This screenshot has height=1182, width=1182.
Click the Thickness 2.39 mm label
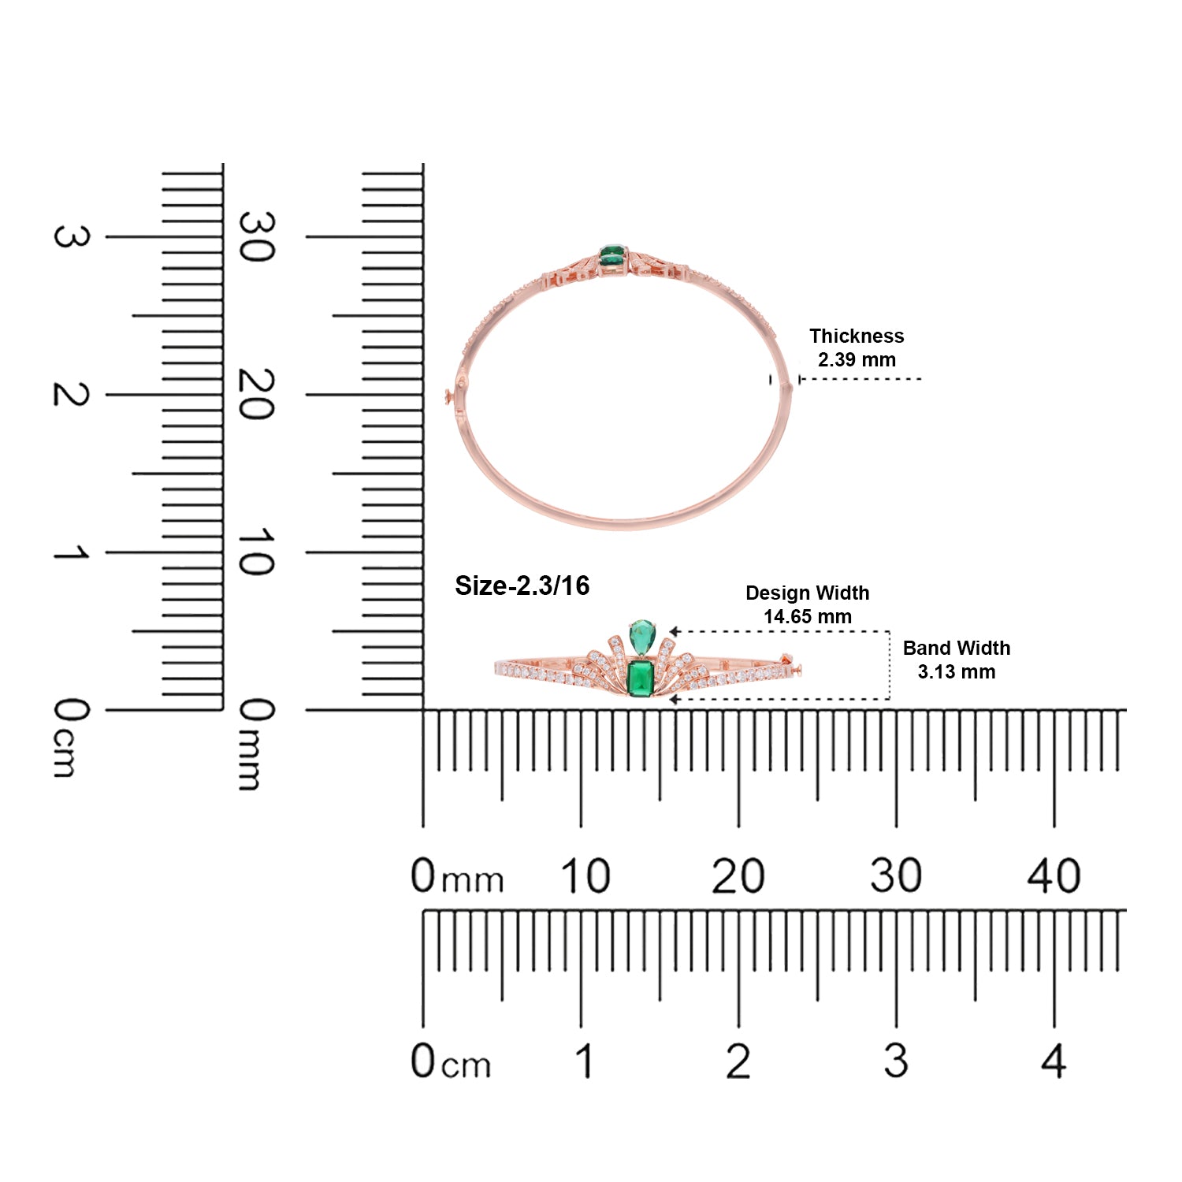(857, 348)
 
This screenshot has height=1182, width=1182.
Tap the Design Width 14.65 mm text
(808, 604)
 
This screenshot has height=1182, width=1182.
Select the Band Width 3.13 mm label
(957, 660)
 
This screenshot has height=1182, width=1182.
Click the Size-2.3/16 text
(522, 585)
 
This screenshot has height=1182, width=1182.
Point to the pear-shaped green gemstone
(642, 635)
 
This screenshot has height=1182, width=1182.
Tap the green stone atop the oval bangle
(612, 255)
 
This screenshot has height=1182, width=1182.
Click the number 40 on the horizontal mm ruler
(1054, 875)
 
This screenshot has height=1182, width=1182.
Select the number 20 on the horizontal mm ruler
(738, 875)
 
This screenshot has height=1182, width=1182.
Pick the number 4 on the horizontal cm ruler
(1054, 1061)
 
